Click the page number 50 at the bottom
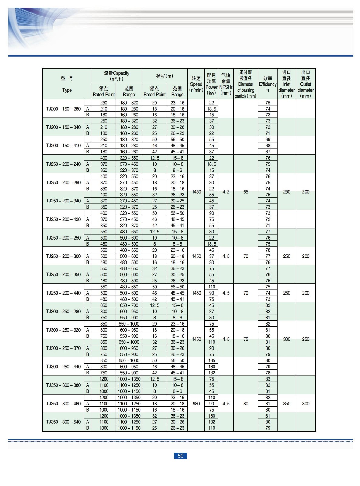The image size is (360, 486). (180, 456)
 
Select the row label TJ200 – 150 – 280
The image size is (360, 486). (63, 109)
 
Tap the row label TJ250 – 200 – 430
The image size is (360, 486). (63, 219)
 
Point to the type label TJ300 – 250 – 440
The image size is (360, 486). (63, 367)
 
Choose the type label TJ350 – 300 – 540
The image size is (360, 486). (63, 422)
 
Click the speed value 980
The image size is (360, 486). (196, 404)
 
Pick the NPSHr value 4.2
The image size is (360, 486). (226, 192)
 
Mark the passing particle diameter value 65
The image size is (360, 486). (246, 192)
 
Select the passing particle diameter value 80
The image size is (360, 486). (246, 404)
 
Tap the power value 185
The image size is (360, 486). (212, 360)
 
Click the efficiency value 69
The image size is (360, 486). (268, 140)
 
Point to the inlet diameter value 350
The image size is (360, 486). (287, 404)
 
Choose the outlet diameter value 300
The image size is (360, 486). (306, 404)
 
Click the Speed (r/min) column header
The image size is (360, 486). (196, 84)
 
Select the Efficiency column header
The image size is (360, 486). (268, 84)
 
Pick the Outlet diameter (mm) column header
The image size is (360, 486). (306, 84)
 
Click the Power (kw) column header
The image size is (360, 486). (211, 84)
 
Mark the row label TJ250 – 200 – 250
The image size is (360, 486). (63, 238)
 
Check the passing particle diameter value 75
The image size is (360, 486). (246, 339)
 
